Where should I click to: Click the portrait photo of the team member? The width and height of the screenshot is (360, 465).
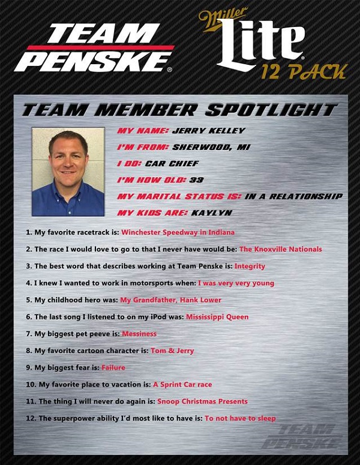(x=68, y=172)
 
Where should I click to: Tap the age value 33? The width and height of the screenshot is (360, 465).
(x=196, y=179)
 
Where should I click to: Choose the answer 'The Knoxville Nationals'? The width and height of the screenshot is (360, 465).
(x=280, y=249)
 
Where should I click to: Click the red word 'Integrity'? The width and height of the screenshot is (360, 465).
(x=250, y=266)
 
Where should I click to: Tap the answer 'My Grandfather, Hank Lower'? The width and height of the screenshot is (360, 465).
(x=170, y=300)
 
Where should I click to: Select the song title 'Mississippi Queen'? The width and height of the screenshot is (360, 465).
(x=217, y=317)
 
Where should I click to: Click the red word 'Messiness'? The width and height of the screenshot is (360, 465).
(x=139, y=334)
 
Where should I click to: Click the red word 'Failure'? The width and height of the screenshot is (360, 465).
(x=113, y=367)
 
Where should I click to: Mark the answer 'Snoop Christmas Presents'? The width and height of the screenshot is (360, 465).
(x=202, y=401)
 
